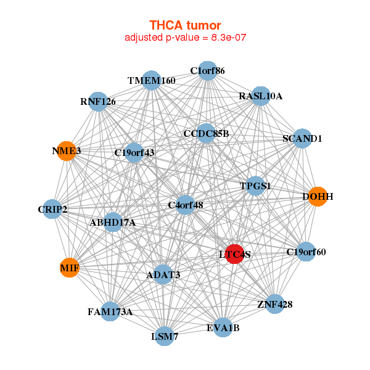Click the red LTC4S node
234,253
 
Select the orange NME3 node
67,150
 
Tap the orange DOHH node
317,197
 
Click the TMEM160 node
152,81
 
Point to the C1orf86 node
207,71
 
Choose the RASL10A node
260,96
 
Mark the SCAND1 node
302,139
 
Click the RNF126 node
98,102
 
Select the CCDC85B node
206,133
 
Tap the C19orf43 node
134,152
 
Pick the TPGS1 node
255,186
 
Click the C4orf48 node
186,205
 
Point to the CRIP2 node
52,210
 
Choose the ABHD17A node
112,222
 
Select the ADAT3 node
163,274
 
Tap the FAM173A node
110,311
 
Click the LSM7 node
165,336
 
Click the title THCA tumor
185,25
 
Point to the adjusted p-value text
185,38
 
